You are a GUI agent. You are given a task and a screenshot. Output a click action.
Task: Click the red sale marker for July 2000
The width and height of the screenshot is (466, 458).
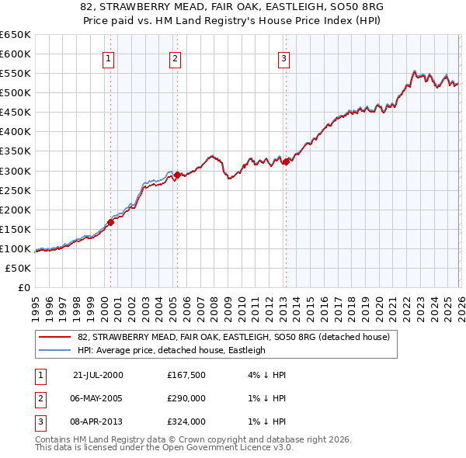[110, 222]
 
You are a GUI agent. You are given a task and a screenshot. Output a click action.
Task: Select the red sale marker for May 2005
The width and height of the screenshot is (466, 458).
[177, 175]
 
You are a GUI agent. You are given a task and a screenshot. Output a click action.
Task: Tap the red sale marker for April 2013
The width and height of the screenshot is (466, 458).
[285, 161]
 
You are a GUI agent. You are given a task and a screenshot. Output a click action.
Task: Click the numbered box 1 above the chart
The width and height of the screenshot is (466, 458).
[110, 57]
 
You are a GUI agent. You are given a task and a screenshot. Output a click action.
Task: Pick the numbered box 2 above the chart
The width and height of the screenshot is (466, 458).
[176, 57]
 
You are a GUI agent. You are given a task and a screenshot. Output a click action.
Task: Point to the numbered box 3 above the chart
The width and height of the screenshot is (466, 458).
[284, 57]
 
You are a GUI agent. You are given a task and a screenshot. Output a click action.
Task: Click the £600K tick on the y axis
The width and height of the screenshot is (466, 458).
[16, 54]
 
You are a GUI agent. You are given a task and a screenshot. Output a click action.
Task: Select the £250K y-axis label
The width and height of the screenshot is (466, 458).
[16, 190]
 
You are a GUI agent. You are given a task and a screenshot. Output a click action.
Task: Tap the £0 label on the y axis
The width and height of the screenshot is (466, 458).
[23, 287]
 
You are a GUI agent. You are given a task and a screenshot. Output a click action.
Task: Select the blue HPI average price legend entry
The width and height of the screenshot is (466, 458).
[172, 350]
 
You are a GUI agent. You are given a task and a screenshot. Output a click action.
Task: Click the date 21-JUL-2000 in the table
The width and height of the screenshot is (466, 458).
[98, 374]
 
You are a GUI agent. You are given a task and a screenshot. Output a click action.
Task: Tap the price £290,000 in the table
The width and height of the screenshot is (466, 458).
[186, 398]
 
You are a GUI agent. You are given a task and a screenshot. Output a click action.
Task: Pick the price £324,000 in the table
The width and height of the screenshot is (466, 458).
[186, 422]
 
